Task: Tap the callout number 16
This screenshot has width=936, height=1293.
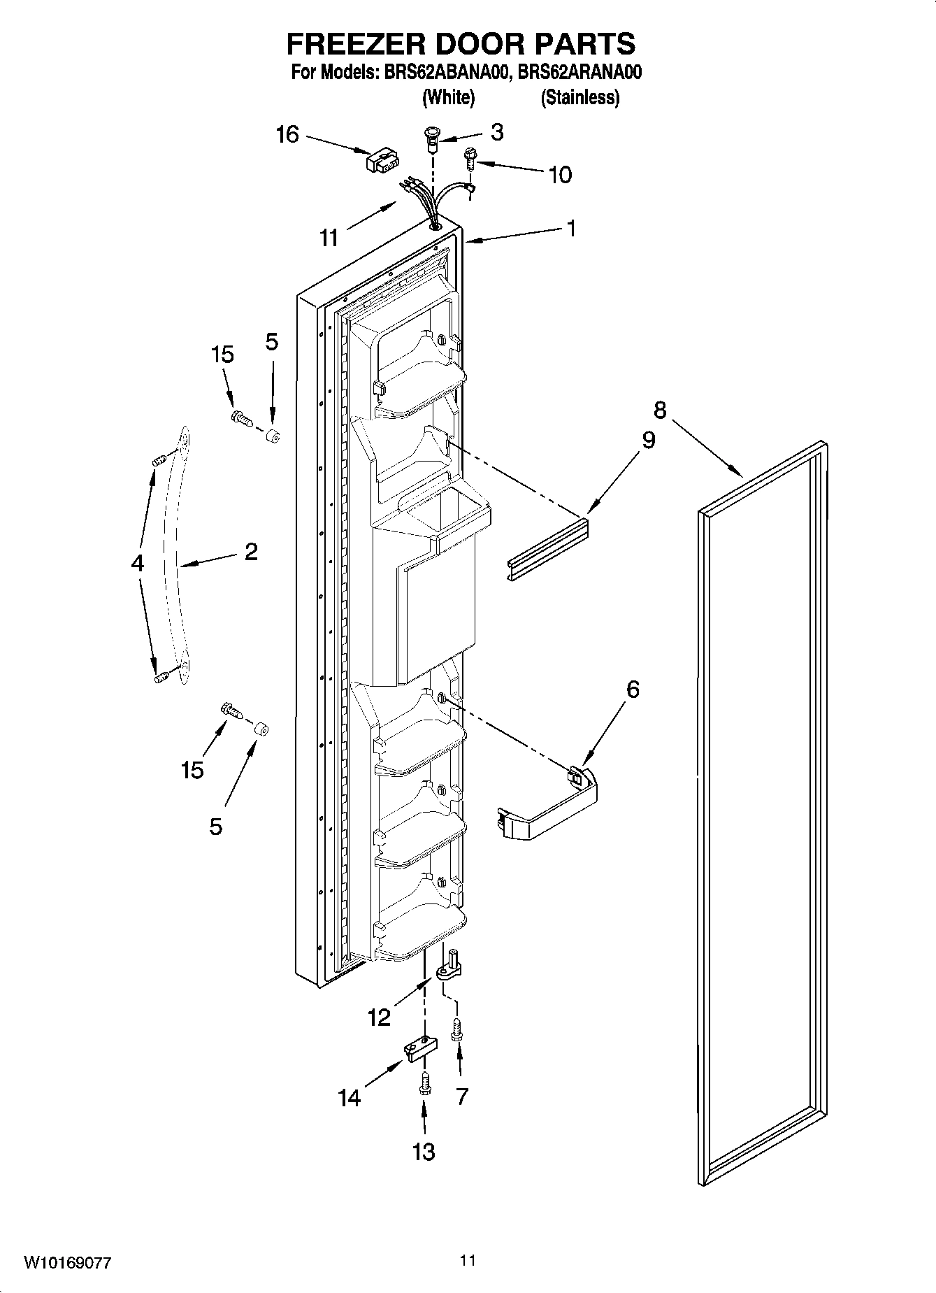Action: [287, 134]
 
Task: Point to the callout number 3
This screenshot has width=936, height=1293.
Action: [496, 132]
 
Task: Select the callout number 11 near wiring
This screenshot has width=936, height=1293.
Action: [329, 238]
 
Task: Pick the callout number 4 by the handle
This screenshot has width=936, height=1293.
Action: [138, 563]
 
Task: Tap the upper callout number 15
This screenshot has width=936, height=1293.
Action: [222, 355]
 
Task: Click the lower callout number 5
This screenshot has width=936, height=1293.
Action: [216, 827]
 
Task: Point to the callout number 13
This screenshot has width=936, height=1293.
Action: [424, 1151]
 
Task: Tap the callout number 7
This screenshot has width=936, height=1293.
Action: [461, 1096]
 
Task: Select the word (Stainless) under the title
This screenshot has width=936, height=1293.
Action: [579, 97]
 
